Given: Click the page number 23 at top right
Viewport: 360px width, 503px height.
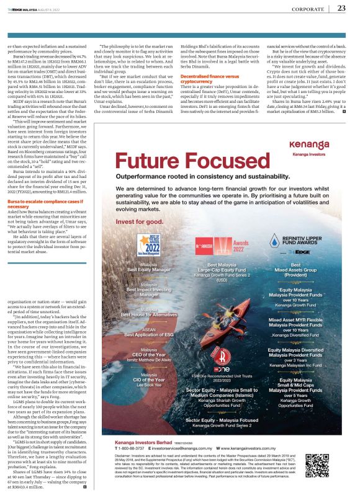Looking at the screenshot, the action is coord(342,7).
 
